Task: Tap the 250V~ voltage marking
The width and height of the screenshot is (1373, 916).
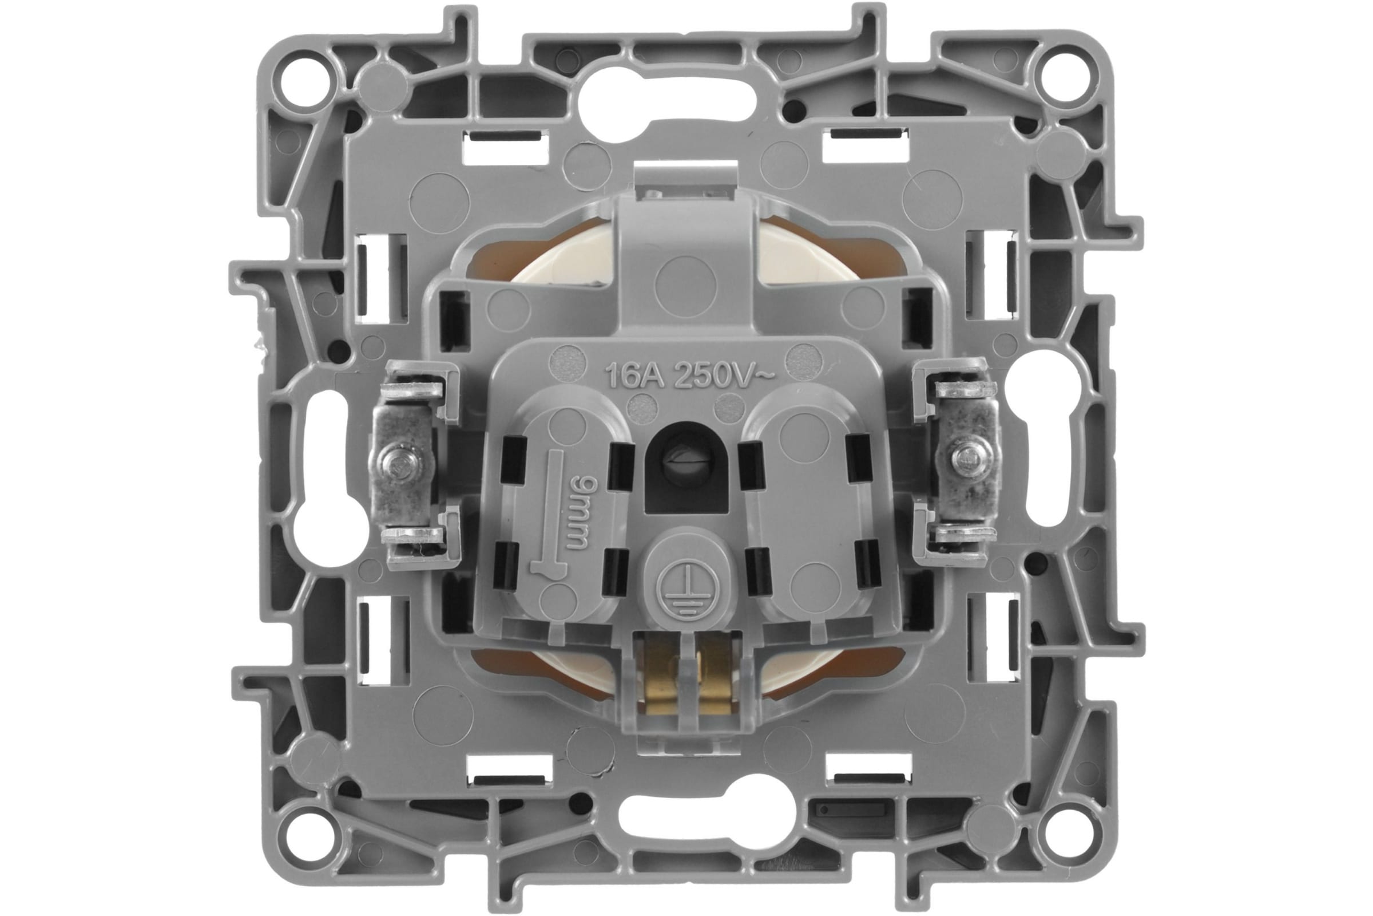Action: (724, 376)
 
